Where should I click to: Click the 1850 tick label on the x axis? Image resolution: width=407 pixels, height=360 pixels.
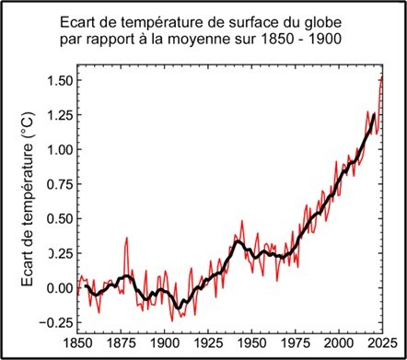[x=79, y=344]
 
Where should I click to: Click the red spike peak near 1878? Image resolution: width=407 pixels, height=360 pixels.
[x=127, y=238]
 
